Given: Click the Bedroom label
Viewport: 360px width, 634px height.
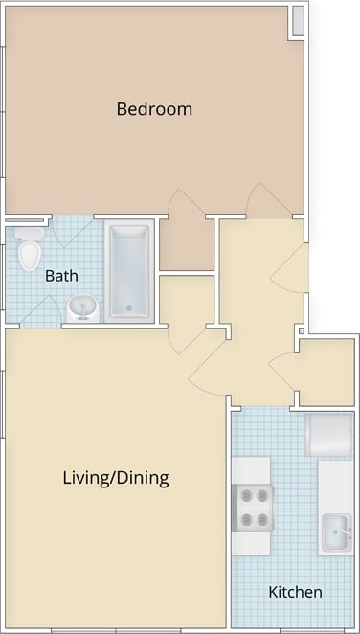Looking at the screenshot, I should (154, 108).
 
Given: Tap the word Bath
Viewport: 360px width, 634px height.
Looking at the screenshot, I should (61, 276).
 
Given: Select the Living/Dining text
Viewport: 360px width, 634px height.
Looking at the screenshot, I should (116, 477).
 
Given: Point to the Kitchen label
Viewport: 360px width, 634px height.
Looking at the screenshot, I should (295, 592).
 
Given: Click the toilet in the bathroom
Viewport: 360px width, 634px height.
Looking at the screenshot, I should (30, 251).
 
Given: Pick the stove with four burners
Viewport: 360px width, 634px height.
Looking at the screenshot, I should (254, 508).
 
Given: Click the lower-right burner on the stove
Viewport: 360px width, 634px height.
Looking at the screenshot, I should (263, 519).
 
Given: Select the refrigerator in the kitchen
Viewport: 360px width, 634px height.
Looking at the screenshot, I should (328, 436).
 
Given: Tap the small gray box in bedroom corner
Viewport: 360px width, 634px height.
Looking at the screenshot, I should (300, 22).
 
